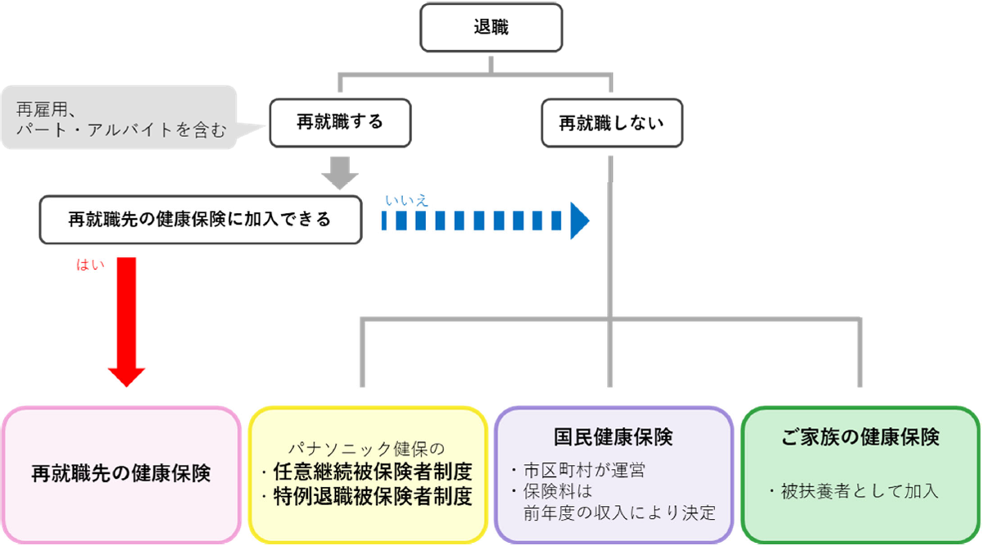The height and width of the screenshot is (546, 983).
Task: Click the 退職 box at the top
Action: tap(491, 27)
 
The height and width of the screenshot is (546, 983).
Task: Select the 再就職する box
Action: tap(340, 123)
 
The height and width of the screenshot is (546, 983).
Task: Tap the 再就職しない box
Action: tap(610, 124)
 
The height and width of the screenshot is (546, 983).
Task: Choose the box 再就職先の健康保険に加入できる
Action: tap(200, 219)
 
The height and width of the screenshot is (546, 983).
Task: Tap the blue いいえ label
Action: tap(406, 199)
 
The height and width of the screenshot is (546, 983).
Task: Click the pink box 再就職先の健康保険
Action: tap(121, 473)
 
